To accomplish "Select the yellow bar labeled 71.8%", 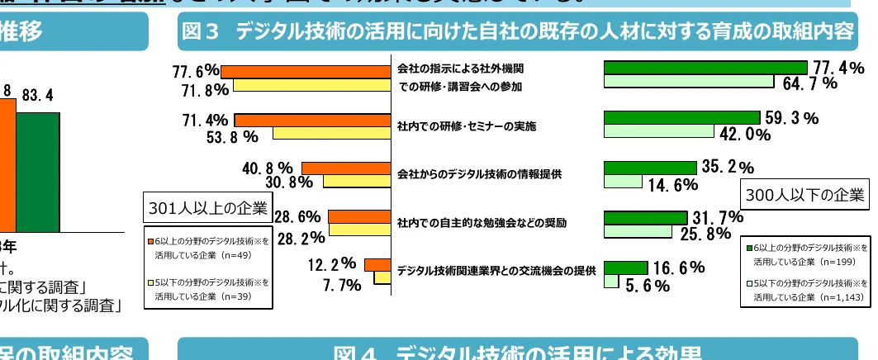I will [311, 85].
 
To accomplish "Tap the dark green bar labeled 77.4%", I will [705, 68].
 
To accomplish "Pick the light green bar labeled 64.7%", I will [689, 81].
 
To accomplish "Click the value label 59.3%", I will [791, 119].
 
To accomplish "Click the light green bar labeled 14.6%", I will [623, 182].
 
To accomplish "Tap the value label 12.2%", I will [332, 265].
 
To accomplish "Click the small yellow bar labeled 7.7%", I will [381, 279].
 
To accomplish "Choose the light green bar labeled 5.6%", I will [611, 282].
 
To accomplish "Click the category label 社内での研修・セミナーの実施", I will [467, 126].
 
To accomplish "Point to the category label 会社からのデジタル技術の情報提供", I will [479, 174].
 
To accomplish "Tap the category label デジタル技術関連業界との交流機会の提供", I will [496, 271].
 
